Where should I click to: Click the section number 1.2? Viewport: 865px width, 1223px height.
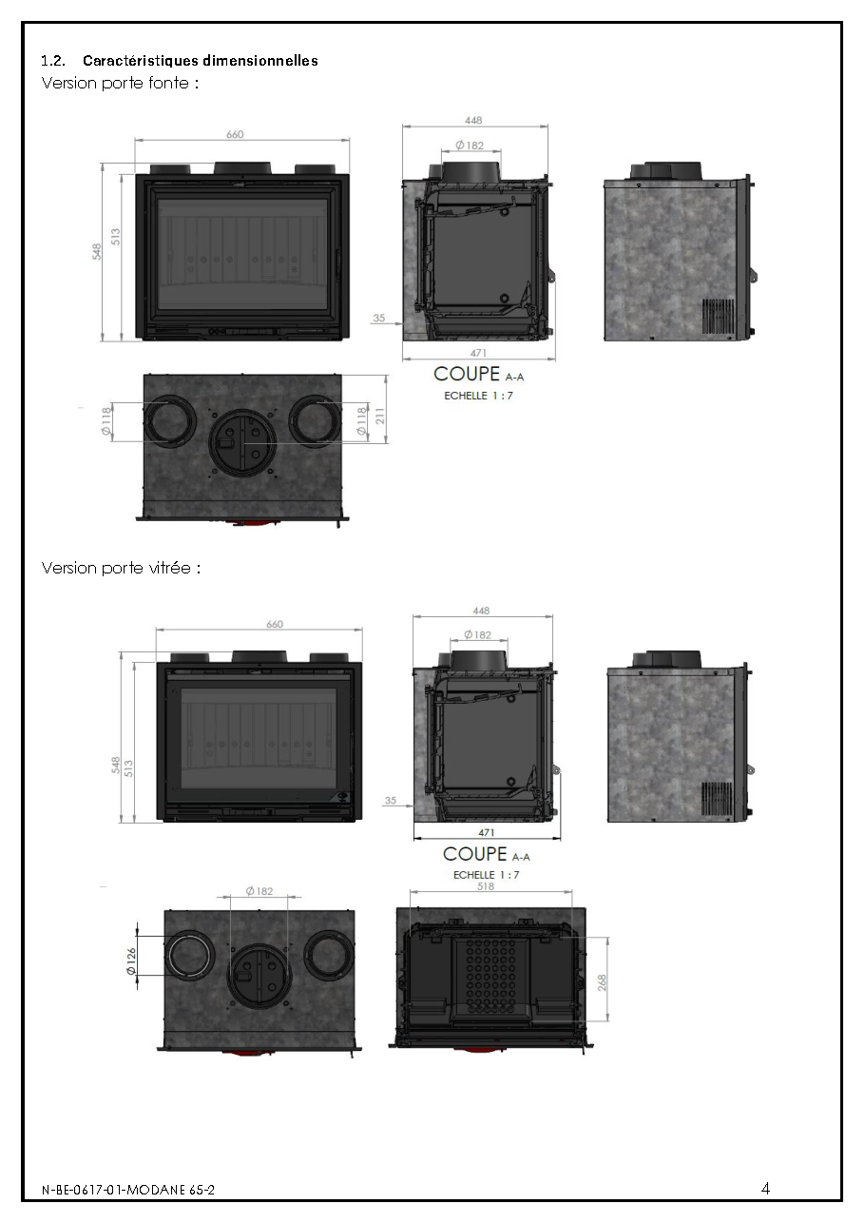[x=53, y=61]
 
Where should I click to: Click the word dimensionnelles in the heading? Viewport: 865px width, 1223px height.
[x=259, y=61]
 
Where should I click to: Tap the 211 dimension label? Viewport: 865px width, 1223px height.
[x=380, y=416]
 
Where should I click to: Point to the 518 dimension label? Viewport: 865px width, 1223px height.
[x=486, y=886]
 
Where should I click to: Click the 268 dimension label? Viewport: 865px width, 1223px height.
[x=602, y=982]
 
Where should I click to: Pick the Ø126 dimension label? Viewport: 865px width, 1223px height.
[x=131, y=961]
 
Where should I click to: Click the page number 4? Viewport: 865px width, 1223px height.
[x=766, y=1189]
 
